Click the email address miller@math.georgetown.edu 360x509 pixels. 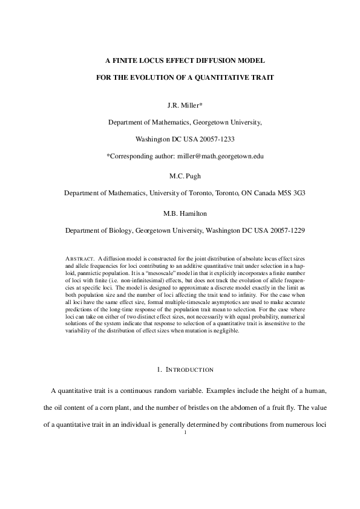(x=221, y=155)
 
